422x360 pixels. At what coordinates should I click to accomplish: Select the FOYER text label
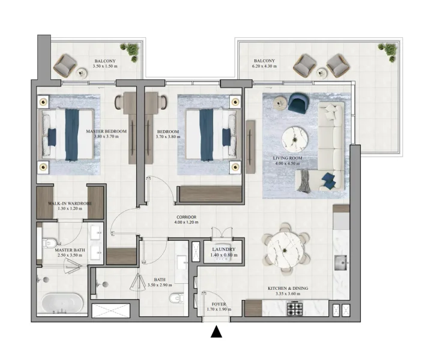point(214,304)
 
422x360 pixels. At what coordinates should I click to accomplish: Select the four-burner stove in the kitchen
point(296,310)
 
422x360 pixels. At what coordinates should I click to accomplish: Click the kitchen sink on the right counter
point(342,263)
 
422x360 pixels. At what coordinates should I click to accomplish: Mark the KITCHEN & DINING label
point(287,289)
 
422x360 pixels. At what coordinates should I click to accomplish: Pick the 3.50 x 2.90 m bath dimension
point(160,284)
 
